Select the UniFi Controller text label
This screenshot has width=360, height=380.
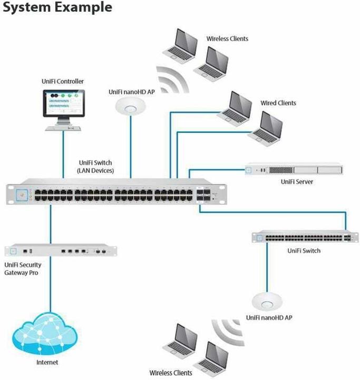[x=62, y=81]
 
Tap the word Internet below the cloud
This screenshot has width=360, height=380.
[x=47, y=363]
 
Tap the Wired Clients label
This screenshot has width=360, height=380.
[x=278, y=103]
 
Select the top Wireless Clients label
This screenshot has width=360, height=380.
[x=227, y=39]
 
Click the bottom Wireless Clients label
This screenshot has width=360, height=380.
[x=171, y=373]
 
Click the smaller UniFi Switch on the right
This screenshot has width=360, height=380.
[x=302, y=238]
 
